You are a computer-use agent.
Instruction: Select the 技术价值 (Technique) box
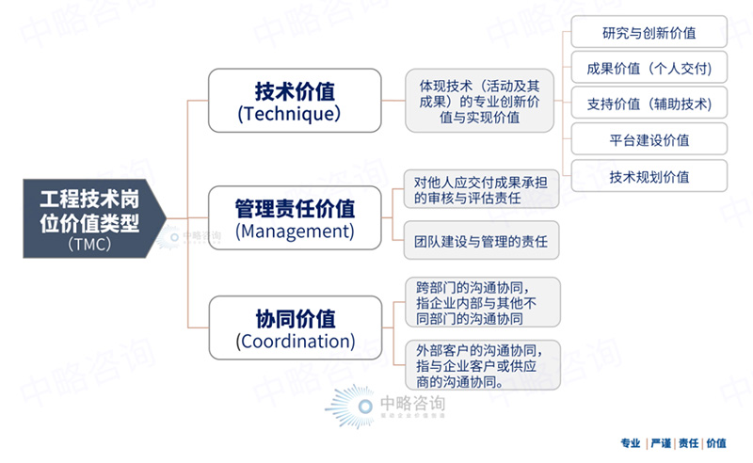click(x=295, y=100)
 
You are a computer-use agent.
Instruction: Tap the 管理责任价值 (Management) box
click(x=295, y=217)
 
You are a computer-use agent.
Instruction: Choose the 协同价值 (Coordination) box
click(x=295, y=327)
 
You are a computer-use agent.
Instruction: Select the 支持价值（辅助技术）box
click(x=649, y=104)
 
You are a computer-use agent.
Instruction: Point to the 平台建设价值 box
click(x=649, y=140)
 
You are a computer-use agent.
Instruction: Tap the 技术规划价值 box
click(x=649, y=176)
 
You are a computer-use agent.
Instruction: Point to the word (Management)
click(x=295, y=231)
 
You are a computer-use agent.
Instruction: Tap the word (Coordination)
click(x=295, y=342)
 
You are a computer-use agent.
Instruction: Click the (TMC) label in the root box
click(x=89, y=245)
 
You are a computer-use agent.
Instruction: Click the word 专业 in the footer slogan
click(x=631, y=443)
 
